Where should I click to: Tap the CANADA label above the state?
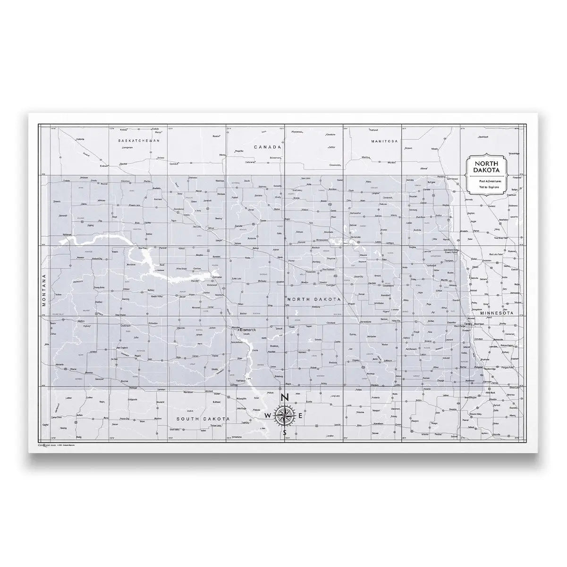pyautogui.click(x=268, y=147)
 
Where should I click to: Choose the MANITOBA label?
pyautogui.click(x=385, y=141)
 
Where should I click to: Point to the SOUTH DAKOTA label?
pyautogui.click(x=202, y=419)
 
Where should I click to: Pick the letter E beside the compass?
pyautogui.click(x=301, y=415)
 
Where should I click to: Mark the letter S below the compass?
pyautogui.click(x=284, y=432)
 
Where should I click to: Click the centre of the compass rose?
pyautogui.click(x=284, y=415)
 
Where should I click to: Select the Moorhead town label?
pyautogui.click(x=479, y=324)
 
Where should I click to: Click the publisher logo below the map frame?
pyautogui.click(x=47, y=445)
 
